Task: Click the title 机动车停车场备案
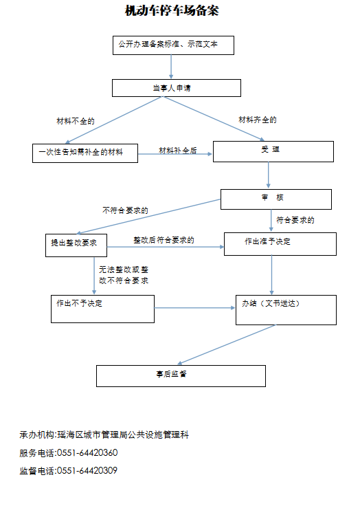172,10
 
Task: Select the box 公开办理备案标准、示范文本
173,45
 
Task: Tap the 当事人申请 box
177,88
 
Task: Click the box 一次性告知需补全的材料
85,153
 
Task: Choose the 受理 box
273,151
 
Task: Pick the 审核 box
276,199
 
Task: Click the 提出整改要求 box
76,245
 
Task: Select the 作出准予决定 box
280,244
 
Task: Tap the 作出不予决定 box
102,309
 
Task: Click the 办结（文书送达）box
286,310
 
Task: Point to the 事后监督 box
181,376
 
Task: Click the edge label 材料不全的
76,121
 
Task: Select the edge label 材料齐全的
258,120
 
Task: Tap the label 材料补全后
178,151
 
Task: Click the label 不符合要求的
125,210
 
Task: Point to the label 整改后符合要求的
164,240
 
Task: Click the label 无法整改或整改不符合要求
124,275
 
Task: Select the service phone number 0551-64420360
87,453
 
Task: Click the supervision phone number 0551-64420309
87,470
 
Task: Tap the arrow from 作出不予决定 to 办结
195,308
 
